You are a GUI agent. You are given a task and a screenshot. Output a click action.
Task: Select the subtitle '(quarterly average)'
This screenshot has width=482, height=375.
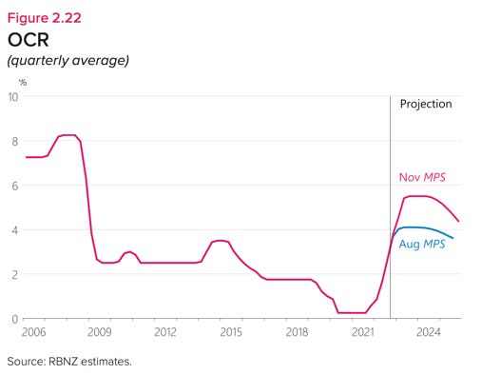[x=67, y=61]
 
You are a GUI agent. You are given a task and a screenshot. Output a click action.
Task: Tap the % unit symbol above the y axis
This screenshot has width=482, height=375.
[x=23, y=82]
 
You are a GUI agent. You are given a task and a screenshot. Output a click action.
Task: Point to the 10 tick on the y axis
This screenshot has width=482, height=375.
[x=12, y=97]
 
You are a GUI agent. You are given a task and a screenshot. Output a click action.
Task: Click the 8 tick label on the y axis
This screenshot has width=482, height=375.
[x=14, y=141]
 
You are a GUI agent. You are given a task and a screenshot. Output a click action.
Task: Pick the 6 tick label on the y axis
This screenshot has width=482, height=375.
[x=14, y=186]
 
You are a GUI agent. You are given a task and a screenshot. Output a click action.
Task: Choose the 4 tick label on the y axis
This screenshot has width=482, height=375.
[x=14, y=230]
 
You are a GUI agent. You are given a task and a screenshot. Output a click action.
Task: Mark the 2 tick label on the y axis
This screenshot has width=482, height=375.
[x=14, y=274]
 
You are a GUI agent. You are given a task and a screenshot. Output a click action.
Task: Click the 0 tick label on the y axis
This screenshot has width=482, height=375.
[x=14, y=319]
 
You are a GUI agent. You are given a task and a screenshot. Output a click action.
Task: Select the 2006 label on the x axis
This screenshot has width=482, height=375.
[x=34, y=333]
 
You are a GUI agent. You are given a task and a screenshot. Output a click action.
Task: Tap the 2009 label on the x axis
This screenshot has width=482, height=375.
[x=100, y=333]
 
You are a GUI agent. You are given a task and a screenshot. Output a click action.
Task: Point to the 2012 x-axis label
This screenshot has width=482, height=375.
[x=165, y=333]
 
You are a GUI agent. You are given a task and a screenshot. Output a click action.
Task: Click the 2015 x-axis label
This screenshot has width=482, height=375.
[x=231, y=333]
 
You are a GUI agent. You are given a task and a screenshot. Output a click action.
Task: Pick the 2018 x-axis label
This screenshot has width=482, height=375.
[x=297, y=333]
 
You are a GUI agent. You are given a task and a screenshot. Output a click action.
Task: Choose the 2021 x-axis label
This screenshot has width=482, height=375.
[x=362, y=333]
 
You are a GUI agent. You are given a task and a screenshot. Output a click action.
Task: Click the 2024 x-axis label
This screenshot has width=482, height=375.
[x=428, y=333]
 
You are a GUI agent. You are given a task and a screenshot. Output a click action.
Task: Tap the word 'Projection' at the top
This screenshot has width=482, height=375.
[x=425, y=105]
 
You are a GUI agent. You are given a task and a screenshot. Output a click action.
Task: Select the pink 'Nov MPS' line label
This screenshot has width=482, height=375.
[x=420, y=178]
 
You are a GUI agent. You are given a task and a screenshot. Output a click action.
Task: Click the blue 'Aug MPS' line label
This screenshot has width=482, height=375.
[x=422, y=245]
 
